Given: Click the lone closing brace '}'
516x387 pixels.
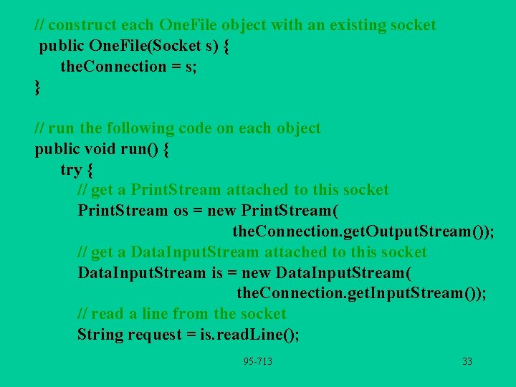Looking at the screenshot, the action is [x=38, y=87].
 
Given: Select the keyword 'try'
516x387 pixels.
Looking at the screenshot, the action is [x=71, y=170].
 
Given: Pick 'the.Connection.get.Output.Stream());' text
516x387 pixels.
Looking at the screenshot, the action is [x=363, y=232].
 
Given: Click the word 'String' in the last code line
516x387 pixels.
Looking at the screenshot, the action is [x=100, y=335].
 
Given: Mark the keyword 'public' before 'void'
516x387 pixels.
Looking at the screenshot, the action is [x=58, y=150].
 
